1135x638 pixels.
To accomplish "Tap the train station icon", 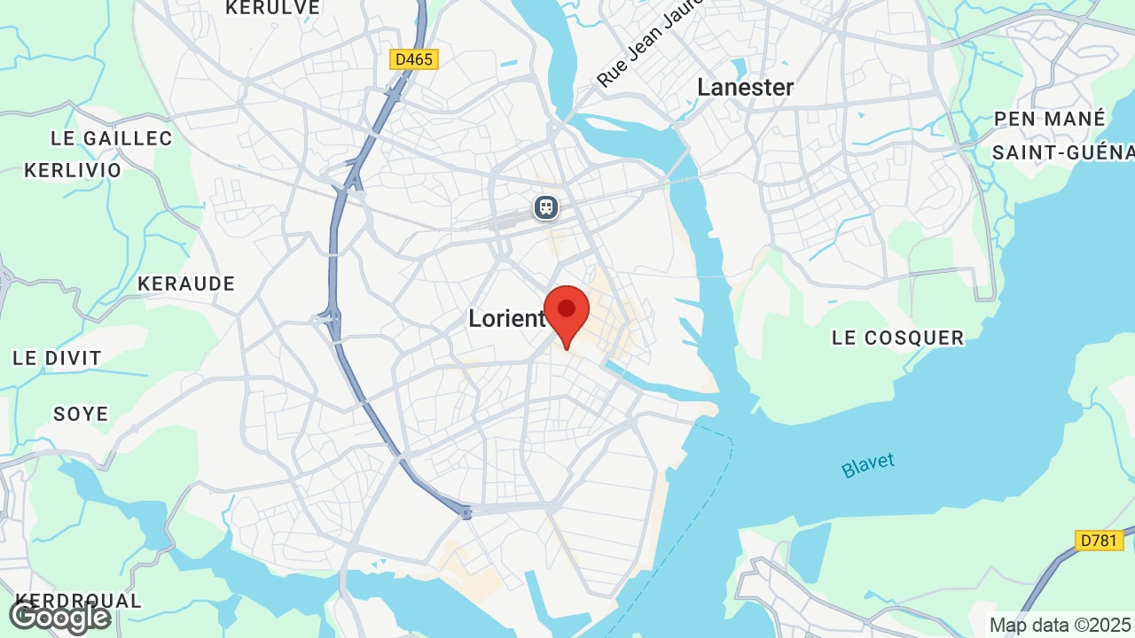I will click(x=545, y=207).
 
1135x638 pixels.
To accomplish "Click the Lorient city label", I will click(x=506, y=319).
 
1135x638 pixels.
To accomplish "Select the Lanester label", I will click(x=745, y=87).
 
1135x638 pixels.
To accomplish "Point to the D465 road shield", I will click(x=414, y=59).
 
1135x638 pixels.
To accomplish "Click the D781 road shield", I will click(x=1099, y=540).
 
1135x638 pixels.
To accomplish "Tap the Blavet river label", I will click(x=868, y=465).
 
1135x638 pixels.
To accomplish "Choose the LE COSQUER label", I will click(x=897, y=338).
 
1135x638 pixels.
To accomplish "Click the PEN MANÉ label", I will click(x=1050, y=119).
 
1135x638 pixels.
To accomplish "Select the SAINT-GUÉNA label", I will click(x=1062, y=152).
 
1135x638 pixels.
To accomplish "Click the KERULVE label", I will click(x=272, y=8).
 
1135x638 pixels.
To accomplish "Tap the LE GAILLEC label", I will click(x=112, y=138).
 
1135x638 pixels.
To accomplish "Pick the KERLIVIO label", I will click(x=73, y=170).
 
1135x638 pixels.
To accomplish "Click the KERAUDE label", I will click(x=186, y=284).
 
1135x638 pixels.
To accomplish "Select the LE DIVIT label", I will click(x=57, y=358).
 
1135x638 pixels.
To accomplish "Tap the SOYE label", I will click(x=81, y=414).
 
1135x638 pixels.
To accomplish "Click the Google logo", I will click(x=59, y=617).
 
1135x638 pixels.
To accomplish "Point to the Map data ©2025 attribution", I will click(x=1061, y=625).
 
